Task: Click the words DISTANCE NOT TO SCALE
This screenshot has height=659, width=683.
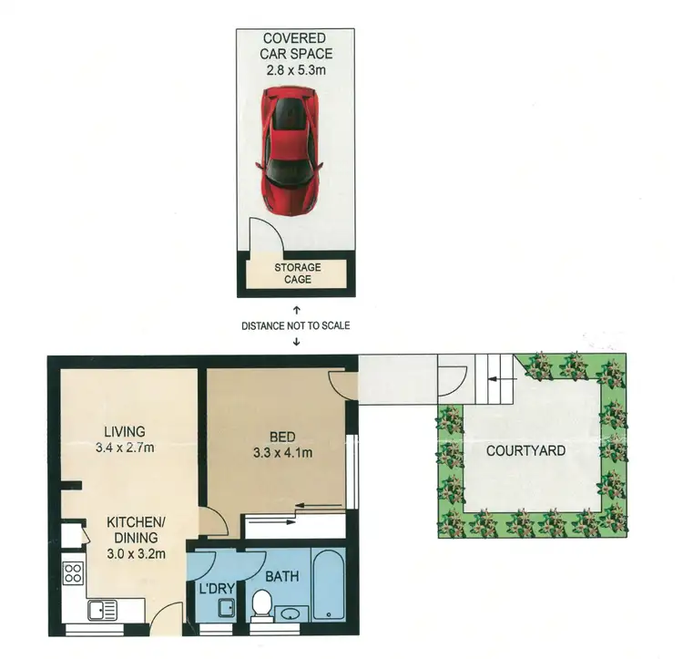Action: (296, 325)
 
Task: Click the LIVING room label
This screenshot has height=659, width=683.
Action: (125, 431)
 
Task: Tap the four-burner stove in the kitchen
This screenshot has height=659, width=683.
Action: (72, 575)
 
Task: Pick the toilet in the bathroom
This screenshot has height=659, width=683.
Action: (260, 603)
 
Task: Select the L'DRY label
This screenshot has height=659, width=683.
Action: (215, 576)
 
